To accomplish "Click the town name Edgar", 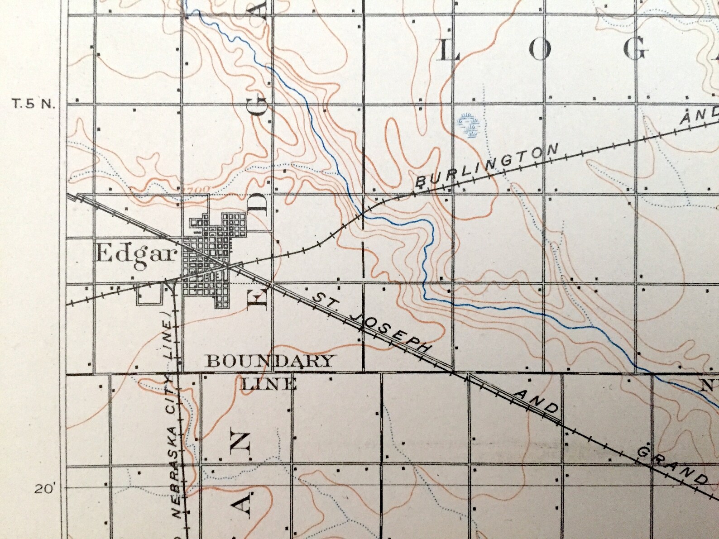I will pos(135,255).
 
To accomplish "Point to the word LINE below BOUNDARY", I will pos(269,385).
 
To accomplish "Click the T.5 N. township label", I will pos(33,105).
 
